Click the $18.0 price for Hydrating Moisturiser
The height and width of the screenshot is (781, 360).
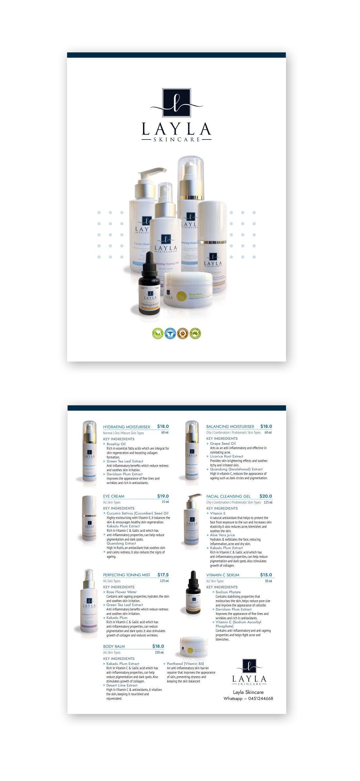163,426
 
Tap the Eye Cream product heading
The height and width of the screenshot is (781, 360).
114,496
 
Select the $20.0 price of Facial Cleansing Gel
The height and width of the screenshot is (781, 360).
265,496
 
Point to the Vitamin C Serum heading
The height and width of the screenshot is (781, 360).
223,575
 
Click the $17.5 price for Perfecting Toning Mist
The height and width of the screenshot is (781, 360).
163,575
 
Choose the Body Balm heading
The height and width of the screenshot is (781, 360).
114,646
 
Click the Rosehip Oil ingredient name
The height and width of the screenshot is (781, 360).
116,444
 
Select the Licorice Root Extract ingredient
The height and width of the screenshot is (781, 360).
226,456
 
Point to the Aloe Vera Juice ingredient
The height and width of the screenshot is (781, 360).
222,535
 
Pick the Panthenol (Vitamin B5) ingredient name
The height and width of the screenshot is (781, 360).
185,664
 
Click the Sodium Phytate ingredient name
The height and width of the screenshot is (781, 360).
228,592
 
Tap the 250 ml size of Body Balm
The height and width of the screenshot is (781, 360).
159,652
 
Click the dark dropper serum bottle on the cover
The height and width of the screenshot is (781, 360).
149,285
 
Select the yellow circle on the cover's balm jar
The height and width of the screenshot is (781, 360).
181,296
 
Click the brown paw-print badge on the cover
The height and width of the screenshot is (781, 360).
183,333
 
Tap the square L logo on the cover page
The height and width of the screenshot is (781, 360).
176,102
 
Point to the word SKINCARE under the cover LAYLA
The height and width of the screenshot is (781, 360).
176,139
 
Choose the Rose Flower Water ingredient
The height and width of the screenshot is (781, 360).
121,592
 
